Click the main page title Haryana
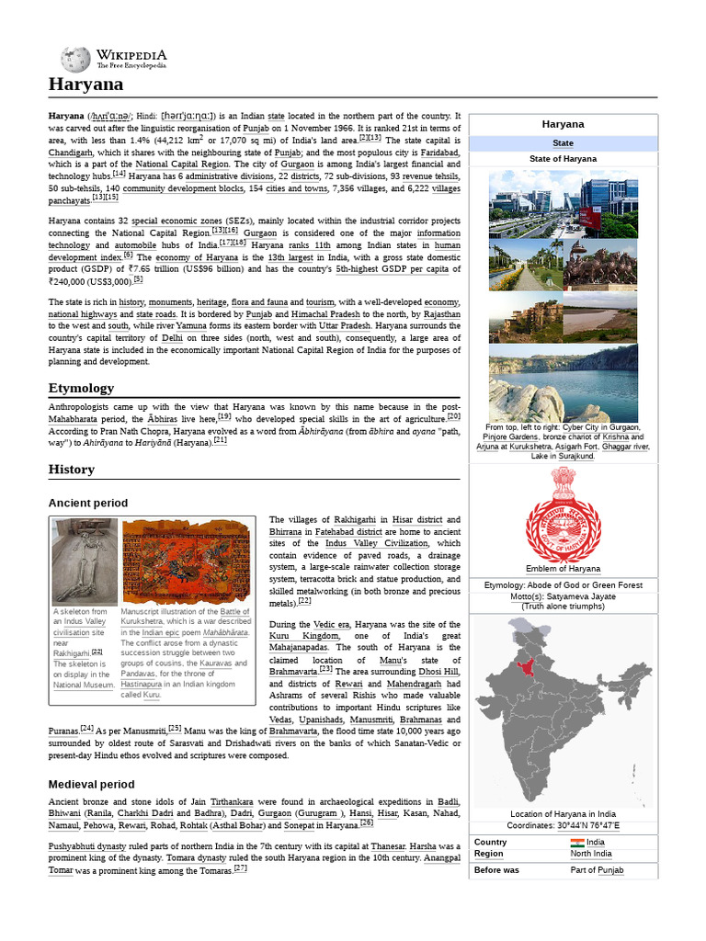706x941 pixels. tap(85, 85)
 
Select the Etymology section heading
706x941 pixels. tap(81, 388)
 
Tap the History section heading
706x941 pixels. tap(71, 470)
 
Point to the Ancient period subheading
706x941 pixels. tap(87, 504)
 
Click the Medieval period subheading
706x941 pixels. tap(91, 784)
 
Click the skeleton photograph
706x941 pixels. tap(84, 561)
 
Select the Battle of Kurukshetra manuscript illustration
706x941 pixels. tap(191, 561)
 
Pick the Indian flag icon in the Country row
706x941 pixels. tap(576, 843)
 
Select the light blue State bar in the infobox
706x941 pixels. tap(563, 143)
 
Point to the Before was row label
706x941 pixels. tap(496, 869)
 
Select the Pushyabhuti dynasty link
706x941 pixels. tap(88, 845)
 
